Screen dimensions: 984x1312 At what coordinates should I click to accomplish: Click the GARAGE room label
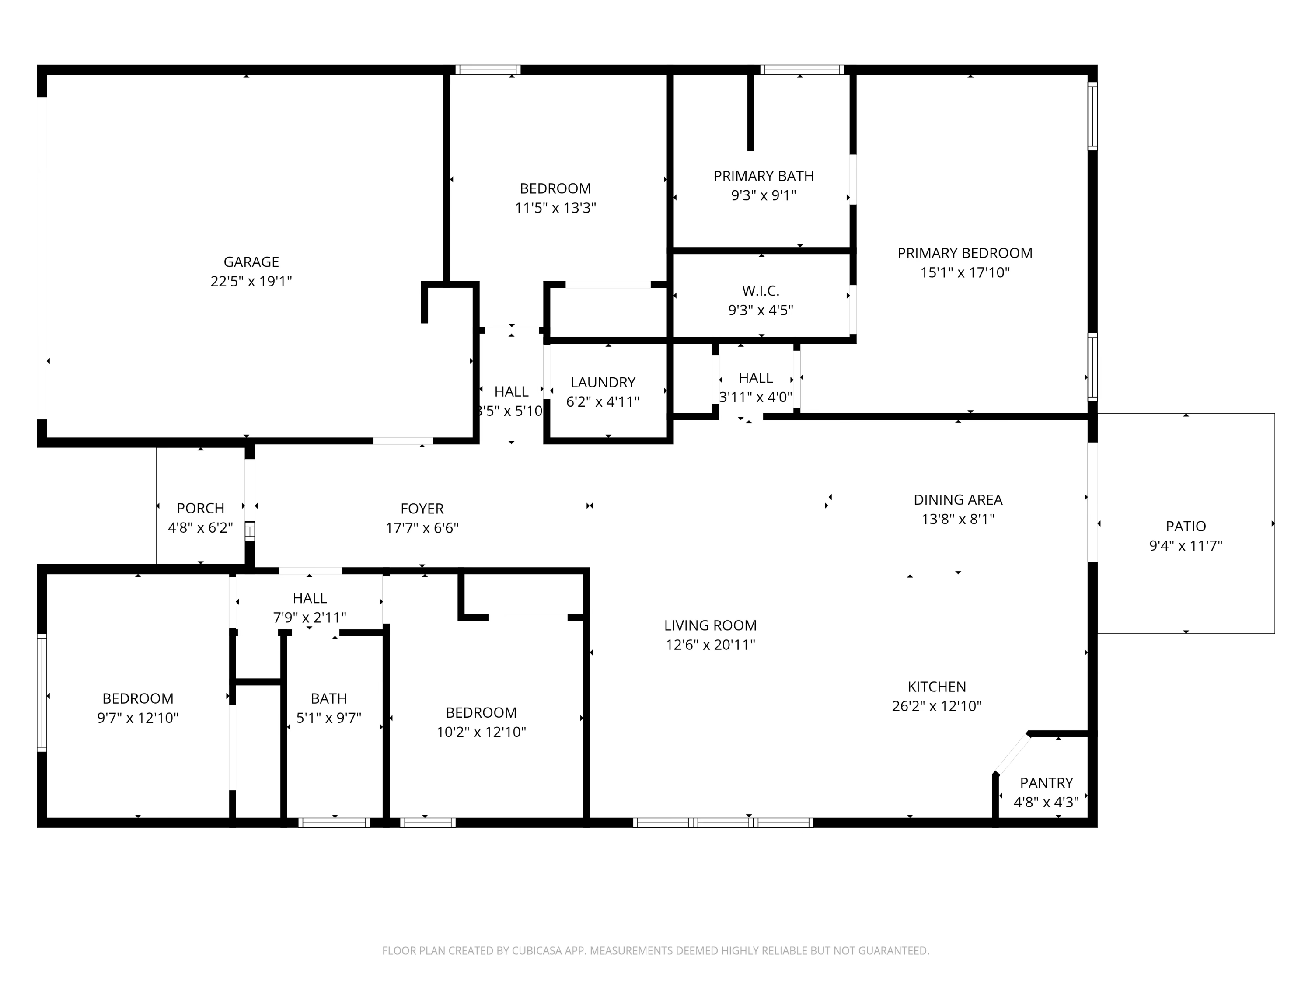tap(251, 262)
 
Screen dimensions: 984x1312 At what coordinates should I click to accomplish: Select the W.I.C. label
tap(761, 291)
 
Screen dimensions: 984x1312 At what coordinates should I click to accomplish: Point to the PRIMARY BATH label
tap(763, 176)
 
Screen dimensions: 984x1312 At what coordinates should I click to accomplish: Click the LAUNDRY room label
tap(603, 382)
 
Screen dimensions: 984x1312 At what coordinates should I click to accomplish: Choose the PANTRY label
tap(1046, 782)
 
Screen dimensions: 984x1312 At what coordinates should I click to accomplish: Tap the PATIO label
tap(1186, 526)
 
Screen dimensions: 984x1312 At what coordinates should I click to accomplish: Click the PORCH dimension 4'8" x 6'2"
tap(200, 527)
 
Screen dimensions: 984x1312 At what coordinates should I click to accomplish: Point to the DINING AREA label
tap(958, 499)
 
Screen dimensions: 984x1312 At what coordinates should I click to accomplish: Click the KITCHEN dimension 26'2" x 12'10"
tap(937, 706)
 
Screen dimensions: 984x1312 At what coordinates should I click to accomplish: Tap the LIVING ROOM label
tap(710, 625)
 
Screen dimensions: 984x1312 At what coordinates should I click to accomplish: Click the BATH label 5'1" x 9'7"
tap(328, 699)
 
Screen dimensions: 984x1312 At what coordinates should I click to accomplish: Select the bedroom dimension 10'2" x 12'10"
tap(481, 731)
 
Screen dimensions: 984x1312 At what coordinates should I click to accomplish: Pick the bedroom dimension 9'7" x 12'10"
tap(138, 718)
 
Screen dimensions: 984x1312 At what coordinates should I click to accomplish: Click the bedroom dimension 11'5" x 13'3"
tap(555, 208)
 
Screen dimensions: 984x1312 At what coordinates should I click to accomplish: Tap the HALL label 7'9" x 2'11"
tap(310, 598)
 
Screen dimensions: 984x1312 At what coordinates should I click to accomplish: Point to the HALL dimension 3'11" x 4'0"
tap(756, 397)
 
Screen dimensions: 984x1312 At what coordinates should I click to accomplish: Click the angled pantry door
tap(1012, 753)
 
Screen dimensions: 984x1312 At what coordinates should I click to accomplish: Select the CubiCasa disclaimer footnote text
tap(656, 950)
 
